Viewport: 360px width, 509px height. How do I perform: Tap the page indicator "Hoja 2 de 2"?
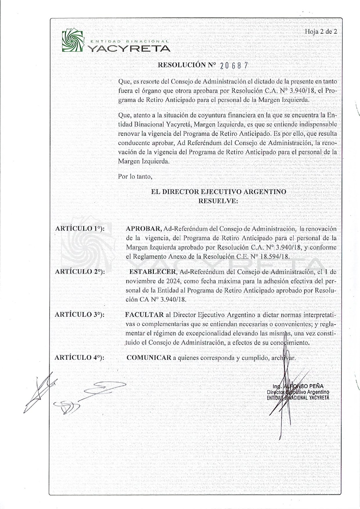pos(321,32)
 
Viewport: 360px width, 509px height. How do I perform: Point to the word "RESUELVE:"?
pos(218,201)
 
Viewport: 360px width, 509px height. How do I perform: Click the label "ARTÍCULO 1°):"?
pos(80,229)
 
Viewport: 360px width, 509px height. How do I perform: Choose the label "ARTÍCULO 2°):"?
pos(80,272)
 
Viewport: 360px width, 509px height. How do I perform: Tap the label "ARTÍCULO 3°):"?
pos(80,314)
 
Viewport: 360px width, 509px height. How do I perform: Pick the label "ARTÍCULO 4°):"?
pos(80,357)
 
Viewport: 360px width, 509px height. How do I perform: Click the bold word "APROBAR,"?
pos(144,229)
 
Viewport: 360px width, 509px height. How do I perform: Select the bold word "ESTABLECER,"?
pos(153,272)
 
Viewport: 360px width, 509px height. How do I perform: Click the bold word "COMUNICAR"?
pos(149,358)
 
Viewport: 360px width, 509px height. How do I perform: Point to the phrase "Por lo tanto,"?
pos(135,176)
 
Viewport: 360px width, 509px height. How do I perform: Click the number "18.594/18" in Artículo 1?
pos(276,257)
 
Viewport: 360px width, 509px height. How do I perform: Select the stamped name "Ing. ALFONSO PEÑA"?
pos(298,387)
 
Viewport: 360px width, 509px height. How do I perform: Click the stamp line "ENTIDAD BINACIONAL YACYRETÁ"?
pos(298,398)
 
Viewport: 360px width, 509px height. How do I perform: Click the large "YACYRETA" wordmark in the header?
pos(129,48)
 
